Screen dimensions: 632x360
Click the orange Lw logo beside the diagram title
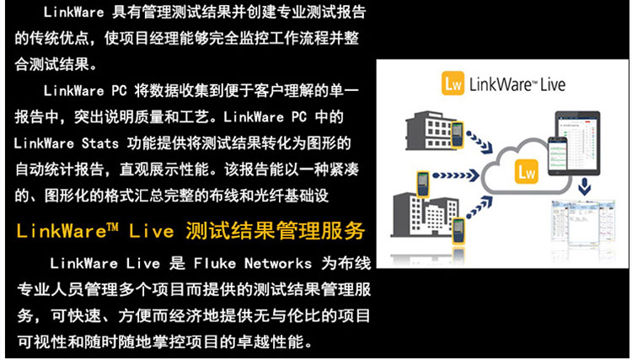[453, 83]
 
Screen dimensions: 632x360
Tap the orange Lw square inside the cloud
[527, 173]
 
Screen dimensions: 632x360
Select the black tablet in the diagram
[577, 143]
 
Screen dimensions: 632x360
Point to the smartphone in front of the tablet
[557, 156]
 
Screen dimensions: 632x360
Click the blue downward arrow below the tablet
[585, 187]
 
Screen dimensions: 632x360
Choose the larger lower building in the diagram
[425, 215]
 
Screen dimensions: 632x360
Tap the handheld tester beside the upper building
[457, 135]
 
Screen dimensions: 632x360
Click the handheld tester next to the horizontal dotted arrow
[422, 184]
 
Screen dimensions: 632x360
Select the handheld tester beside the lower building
[458, 231]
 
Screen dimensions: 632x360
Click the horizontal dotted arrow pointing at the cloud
[455, 175]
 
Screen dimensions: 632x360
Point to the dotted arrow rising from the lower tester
[480, 207]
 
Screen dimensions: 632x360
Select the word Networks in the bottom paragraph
[278, 264]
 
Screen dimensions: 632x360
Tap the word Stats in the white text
[100, 143]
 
